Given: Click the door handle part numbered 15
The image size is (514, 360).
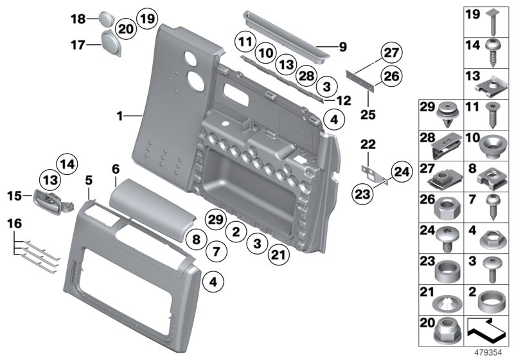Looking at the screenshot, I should pyautogui.click(x=49, y=201).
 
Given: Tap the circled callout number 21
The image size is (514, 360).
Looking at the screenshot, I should pyautogui.click(x=278, y=255).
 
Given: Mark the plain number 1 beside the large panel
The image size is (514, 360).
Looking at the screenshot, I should pyautogui.click(x=119, y=116).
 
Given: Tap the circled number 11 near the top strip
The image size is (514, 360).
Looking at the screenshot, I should pyautogui.click(x=245, y=44).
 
